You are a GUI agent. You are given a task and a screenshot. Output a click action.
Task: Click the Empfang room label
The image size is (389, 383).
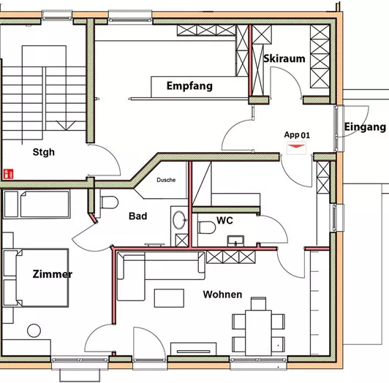click(x=189, y=86)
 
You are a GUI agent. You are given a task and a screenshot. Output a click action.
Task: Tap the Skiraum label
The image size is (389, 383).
click(x=283, y=59)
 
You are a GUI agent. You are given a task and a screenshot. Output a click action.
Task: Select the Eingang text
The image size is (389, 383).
click(x=364, y=127)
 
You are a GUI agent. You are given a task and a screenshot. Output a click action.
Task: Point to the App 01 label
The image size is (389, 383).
click(x=297, y=135)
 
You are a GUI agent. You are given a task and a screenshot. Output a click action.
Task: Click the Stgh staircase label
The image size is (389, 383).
click(x=43, y=153)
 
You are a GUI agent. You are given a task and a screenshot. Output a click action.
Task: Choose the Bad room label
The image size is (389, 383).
click(x=137, y=216)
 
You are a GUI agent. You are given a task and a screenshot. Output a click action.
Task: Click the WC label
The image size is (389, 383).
click(x=224, y=220)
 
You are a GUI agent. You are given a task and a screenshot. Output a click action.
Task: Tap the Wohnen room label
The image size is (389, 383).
click(x=222, y=295)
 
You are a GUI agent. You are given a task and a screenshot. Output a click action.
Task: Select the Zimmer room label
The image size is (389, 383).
click(x=52, y=275)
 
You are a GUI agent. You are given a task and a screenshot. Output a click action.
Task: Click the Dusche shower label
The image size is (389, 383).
click(x=165, y=180)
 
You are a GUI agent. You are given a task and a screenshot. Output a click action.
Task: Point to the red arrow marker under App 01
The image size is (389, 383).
click(x=296, y=147)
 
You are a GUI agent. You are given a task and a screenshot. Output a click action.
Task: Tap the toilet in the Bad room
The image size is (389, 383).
click(x=108, y=203)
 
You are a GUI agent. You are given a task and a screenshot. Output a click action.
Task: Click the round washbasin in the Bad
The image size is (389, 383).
click(x=178, y=218)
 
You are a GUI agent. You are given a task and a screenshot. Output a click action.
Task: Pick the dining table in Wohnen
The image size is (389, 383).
click(x=257, y=322)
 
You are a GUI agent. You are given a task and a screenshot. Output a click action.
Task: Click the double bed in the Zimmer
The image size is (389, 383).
click(x=37, y=278)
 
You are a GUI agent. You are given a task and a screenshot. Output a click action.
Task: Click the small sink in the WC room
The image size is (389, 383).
click(x=235, y=240)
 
